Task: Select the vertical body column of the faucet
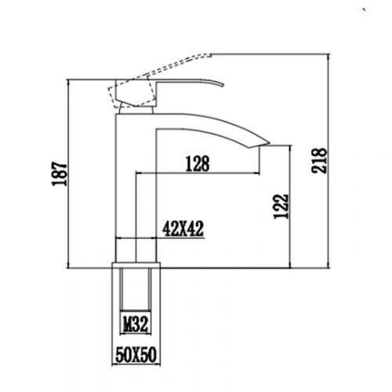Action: tap(136, 180)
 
